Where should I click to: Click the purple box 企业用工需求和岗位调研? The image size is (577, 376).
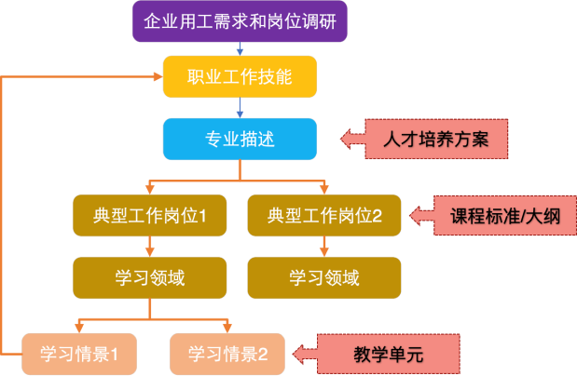point(240,20)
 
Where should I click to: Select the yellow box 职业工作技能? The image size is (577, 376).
point(240,77)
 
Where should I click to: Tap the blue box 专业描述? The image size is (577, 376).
point(240,140)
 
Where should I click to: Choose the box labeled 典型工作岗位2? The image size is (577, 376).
point(324,216)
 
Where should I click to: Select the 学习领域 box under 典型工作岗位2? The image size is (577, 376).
point(324,277)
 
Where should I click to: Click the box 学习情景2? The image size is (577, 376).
point(228,354)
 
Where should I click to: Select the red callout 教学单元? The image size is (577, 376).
point(389,354)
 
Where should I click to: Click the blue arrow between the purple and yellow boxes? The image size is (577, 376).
point(240,48)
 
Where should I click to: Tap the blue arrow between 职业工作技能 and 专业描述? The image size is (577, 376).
point(240,108)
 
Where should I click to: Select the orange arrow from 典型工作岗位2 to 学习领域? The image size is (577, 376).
point(324,247)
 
